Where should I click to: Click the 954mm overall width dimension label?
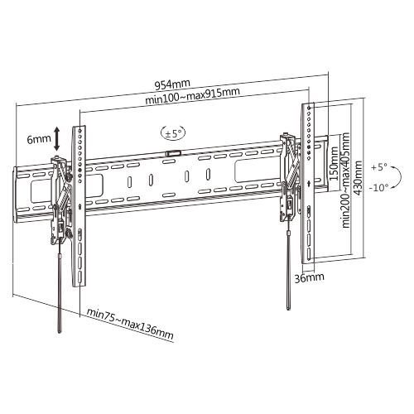click(172, 84)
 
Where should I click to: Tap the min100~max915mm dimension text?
click(192, 96)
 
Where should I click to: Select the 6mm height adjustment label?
click(39, 139)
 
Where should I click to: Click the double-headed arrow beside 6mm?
click(56, 139)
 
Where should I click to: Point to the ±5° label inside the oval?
click(173, 134)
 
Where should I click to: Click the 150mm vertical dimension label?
click(334, 163)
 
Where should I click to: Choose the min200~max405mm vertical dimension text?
click(345, 180)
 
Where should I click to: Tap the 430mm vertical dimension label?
click(358, 178)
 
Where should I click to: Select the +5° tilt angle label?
click(379, 167)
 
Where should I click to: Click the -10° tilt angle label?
click(378, 188)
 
